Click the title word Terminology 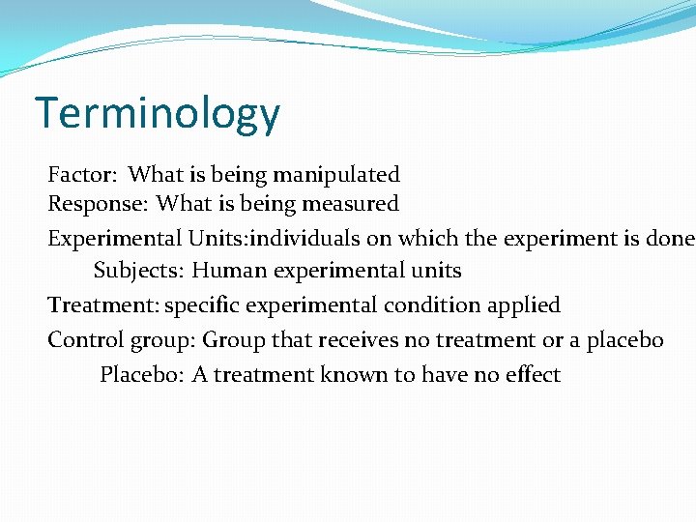pos(158,114)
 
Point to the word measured pos(351,204)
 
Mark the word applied pos(525,305)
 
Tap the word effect pos(532,374)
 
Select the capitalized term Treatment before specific pos(102,305)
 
